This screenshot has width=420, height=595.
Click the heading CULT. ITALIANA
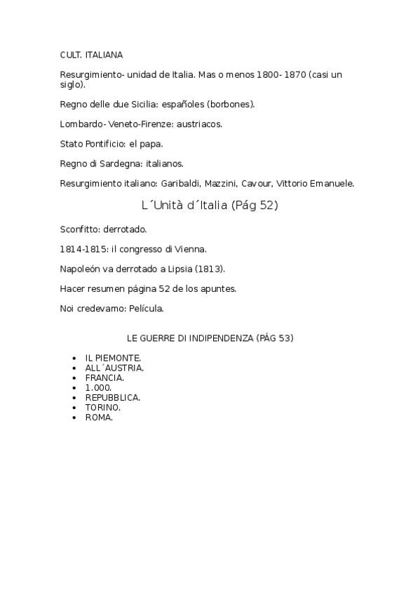91,54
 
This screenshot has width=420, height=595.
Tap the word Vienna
190,249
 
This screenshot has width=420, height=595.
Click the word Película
144,308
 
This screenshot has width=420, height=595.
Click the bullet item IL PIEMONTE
113,358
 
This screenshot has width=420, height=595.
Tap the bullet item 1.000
99,387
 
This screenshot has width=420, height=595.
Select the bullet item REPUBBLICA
113,397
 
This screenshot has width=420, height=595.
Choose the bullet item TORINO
103,407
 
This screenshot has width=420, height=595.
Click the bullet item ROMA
100,417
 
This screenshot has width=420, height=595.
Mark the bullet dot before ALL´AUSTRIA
74,368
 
